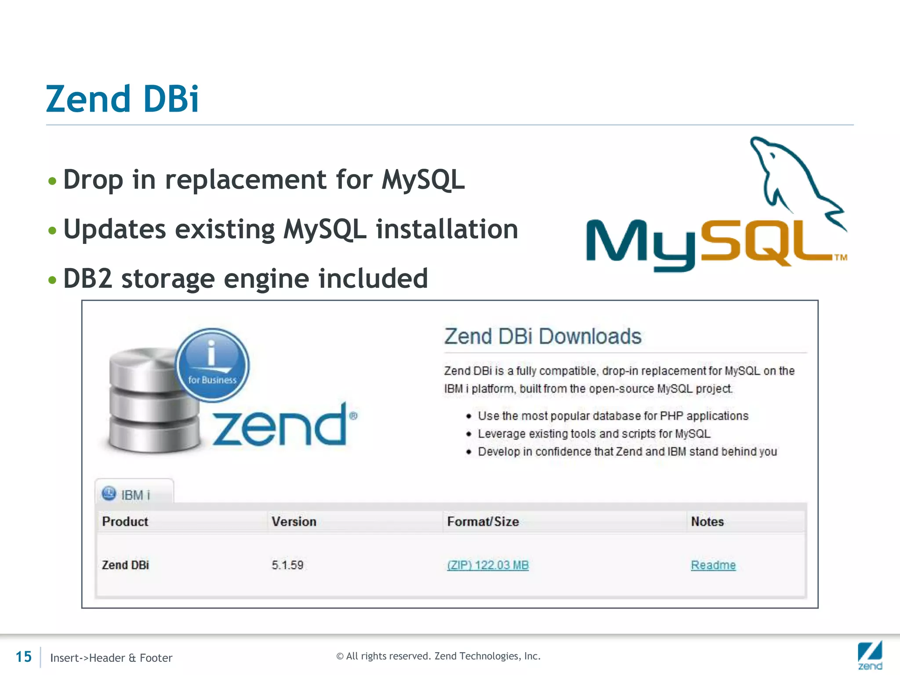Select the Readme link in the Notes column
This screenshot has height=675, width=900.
click(x=713, y=565)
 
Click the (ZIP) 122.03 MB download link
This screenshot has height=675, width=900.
click(x=488, y=565)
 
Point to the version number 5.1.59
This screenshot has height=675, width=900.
click(x=287, y=565)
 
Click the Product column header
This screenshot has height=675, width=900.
click(x=125, y=522)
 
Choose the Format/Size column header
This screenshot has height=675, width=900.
click(x=483, y=522)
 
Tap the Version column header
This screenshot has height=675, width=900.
click(x=294, y=522)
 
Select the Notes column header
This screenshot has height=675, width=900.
click(x=707, y=522)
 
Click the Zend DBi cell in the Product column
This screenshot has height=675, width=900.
click(x=126, y=565)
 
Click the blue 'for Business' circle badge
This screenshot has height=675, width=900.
click(x=213, y=365)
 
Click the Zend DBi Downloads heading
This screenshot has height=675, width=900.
click(x=543, y=337)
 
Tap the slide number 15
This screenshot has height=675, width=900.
click(x=24, y=657)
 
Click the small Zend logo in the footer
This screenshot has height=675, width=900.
click(x=870, y=655)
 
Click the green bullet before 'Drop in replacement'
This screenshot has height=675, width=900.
click(x=52, y=181)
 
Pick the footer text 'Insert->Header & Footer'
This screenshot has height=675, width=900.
click(x=111, y=658)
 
